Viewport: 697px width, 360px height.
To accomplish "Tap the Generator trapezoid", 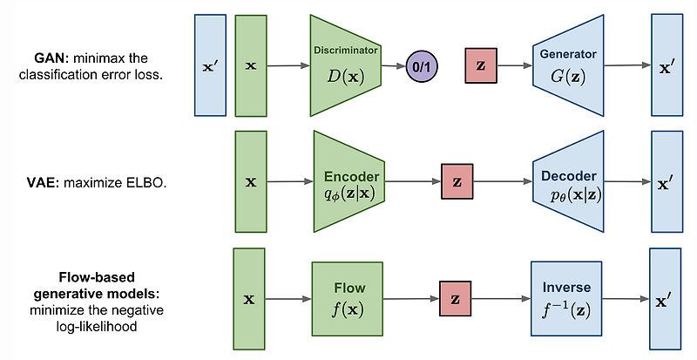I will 567,65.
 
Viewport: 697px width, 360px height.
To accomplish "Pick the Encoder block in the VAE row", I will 351,181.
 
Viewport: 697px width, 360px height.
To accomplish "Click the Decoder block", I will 569,181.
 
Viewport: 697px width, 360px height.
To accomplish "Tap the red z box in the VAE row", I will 457,181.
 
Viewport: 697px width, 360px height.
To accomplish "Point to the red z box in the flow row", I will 455,297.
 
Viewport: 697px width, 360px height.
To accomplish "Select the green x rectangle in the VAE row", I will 252,181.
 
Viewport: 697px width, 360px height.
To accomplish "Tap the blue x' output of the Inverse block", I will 665,297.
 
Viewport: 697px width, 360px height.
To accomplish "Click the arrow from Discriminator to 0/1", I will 395,65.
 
